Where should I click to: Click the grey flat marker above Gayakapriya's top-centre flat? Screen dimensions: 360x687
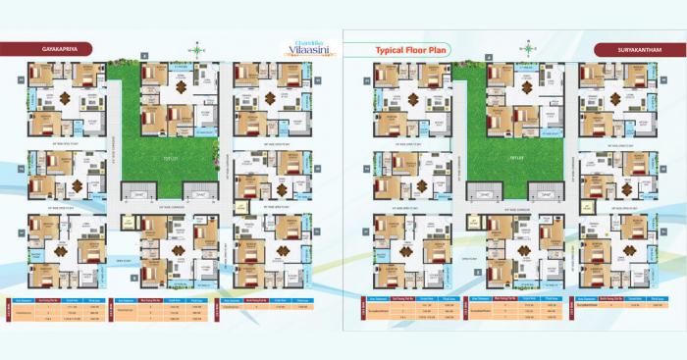click(143, 59)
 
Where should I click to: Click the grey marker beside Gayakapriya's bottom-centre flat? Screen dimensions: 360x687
click(134, 278)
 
